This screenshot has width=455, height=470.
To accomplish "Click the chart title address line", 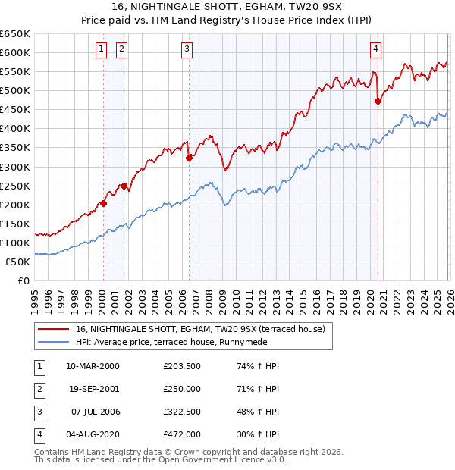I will click(x=227, y=7).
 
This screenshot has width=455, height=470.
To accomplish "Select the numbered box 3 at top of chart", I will click(x=187, y=50).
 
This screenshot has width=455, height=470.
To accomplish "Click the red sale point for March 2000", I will click(x=103, y=203).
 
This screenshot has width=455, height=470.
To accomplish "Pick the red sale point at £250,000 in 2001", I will click(x=124, y=185).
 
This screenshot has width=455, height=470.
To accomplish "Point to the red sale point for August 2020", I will click(x=377, y=101).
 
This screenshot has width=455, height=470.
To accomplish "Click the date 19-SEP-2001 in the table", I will click(x=93, y=388).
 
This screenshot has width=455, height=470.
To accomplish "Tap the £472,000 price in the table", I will click(x=182, y=434).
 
